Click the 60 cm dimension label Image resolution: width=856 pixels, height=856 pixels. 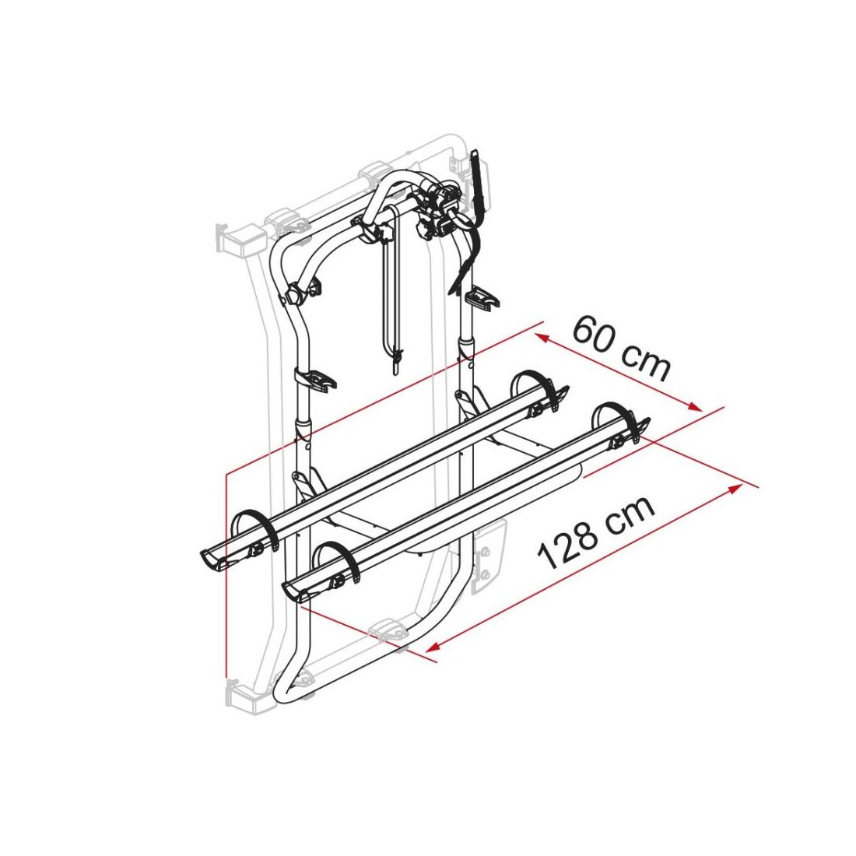tap(621, 348)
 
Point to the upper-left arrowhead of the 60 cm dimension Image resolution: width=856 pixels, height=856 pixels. tap(542, 339)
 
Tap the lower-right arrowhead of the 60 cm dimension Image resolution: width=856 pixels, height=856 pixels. tap(694, 406)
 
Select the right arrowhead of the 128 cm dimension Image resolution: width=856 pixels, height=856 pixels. tap(738, 487)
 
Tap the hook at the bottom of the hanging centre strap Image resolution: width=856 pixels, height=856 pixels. tap(396, 361)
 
